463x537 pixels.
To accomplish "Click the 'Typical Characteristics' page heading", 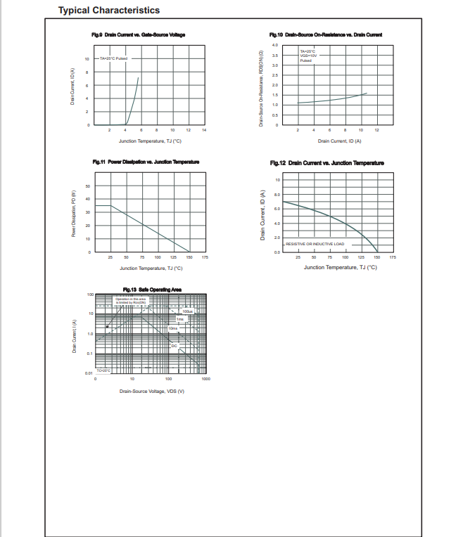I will click(x=108, y=11).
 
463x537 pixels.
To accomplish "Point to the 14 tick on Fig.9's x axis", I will click(x=204, y=131).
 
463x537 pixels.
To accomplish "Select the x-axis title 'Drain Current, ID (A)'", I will click(x=339, y=141).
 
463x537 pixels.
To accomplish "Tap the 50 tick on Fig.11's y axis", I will click(x=88, y=186).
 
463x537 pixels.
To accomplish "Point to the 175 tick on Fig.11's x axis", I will click(x=205, y=258).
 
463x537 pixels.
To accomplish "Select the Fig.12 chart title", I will click(x=326, y=163).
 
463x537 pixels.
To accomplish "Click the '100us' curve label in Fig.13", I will click(x=188, y=311).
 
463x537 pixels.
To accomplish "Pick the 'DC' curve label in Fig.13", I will click(x=175, y=346).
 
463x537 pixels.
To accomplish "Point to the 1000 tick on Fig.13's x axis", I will click(x=205, y=380).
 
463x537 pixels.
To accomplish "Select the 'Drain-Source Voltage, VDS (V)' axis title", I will click(x=151, y=391).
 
